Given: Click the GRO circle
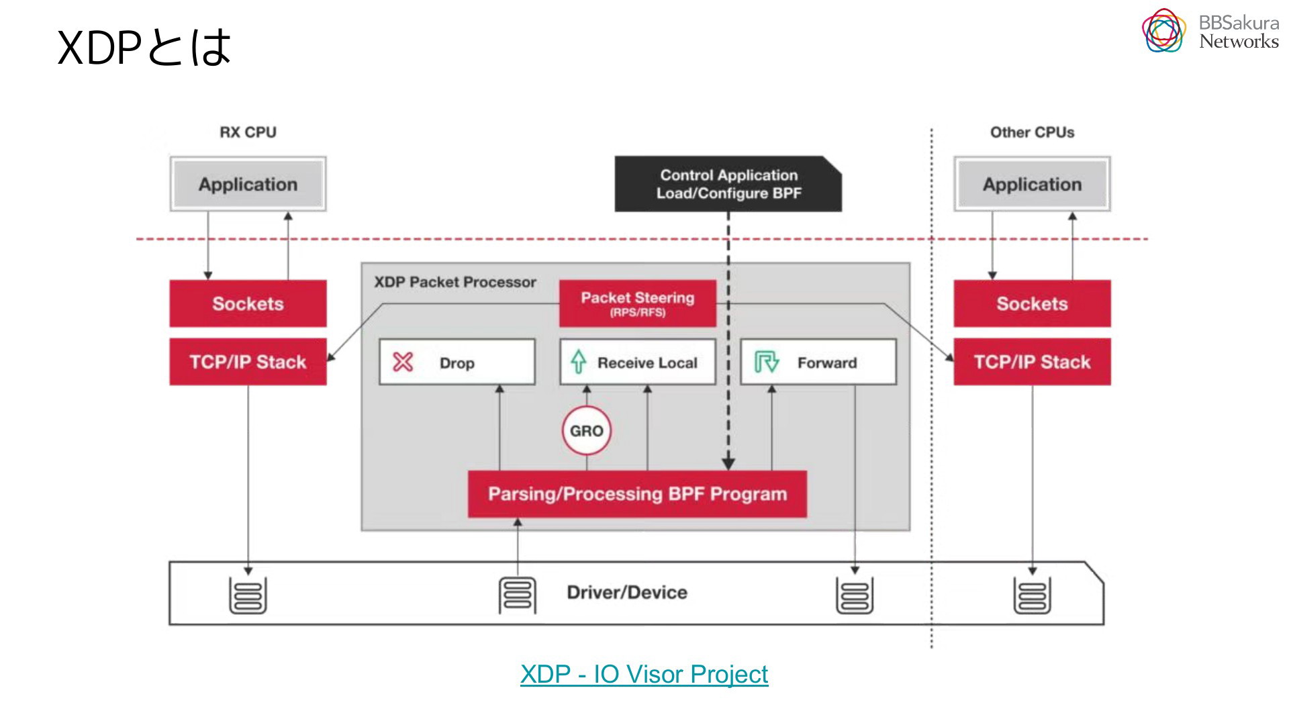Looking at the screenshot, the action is coord(587,430).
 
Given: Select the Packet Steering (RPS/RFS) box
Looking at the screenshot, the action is coord(638,303).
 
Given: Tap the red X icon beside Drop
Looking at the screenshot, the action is coord(403,362).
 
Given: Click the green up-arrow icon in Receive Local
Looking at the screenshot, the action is coord(578,362).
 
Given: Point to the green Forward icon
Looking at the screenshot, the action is coord(766,362).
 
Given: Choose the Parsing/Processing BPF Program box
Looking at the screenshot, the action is coord(637,494).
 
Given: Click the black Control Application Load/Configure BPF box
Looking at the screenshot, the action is coord(728,184).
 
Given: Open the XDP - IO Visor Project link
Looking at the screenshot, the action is coord(644,674).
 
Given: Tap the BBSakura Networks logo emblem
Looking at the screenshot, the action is coord(1164,31).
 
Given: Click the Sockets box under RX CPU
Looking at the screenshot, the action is coord(248,303).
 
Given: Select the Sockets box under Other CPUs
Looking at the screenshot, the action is coord(1032,303).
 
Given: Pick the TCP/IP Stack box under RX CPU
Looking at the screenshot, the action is coord(248,362).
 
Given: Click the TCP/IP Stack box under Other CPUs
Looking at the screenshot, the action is coord(1032,362).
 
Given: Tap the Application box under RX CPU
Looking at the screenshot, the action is coord(248,184).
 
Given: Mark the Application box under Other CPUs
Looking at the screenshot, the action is coord(1032,184).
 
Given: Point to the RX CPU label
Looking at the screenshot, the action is coord(248,132).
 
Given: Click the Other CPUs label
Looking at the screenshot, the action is coord(1032,132).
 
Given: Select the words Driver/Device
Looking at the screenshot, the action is coord(627,592).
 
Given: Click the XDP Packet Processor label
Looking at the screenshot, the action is coord(455,282).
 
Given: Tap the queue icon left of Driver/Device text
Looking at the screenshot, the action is coord(517,595).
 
